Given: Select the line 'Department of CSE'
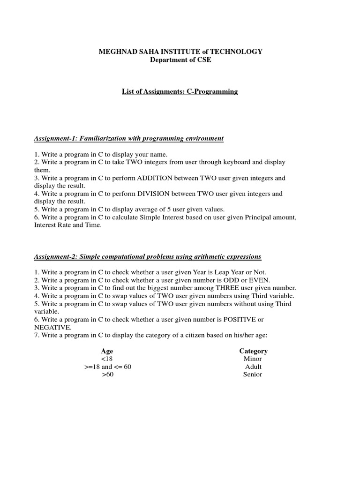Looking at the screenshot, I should (x=180, y=60).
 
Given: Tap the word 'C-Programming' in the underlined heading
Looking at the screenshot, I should (x=214, y=91).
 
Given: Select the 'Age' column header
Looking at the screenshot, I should (x=107, y=351).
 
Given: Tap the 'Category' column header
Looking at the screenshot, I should (x=253, y=351).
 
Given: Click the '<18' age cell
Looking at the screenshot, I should (x=107, y=359).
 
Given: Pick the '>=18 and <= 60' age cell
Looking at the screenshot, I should (x=107, y=367).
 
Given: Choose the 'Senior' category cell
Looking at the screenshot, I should (x=253, y=375).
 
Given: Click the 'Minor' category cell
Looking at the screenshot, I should (x=253, y=359).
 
